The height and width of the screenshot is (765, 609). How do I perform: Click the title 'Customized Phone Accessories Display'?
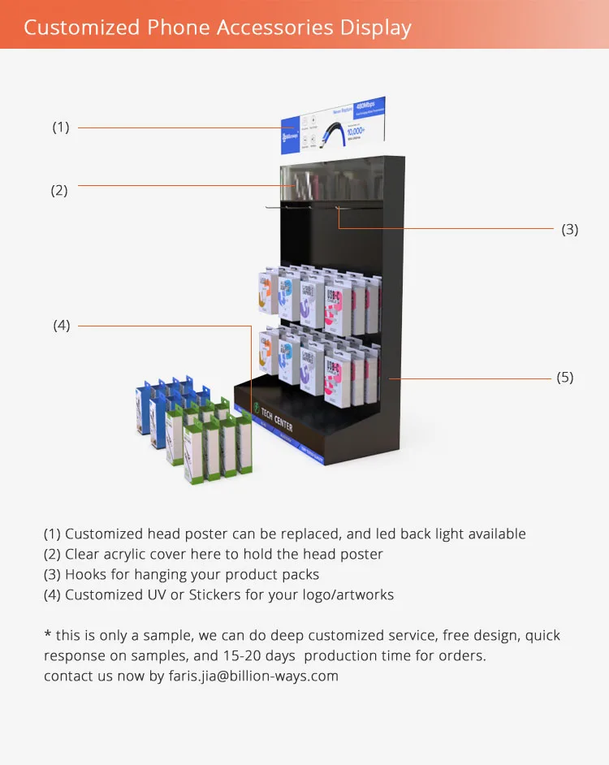[218, 27]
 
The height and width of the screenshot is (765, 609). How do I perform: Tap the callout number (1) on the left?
[61, 127]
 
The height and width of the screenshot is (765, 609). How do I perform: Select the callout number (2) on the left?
[59, 192]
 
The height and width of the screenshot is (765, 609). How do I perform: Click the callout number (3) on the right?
[570, 230]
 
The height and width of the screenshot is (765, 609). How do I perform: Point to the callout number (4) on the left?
[62, 326]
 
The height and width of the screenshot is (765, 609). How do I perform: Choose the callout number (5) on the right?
[565, 378]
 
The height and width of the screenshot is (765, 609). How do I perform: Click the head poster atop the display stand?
[333, 125]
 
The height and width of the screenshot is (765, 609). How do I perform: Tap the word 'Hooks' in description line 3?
[86, 574]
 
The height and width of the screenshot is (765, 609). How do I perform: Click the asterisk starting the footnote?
[47, 635]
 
